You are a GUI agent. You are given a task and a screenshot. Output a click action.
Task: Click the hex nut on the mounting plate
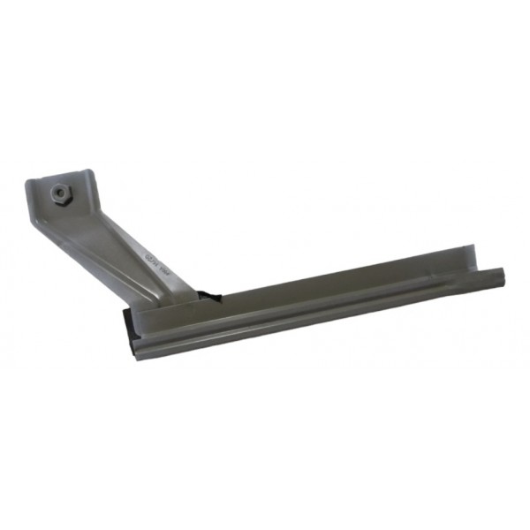(x=61, y=190)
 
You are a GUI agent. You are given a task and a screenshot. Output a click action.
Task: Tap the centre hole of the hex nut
(x=61, y=190)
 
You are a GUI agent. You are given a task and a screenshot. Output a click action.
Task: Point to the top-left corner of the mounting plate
(x=29, y=183)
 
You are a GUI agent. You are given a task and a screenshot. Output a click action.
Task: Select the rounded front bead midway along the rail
(x=318, y=310)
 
